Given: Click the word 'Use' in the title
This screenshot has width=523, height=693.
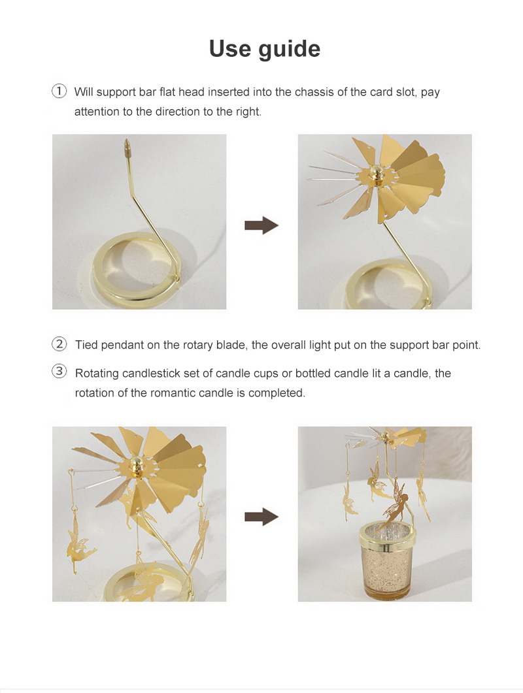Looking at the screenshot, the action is (x=229, y=48).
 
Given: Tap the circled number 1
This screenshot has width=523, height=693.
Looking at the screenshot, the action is (x=59, y=91).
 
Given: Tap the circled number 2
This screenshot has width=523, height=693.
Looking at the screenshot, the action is (x=59, y=344).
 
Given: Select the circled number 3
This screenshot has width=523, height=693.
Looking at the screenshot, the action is (x=59, y=371).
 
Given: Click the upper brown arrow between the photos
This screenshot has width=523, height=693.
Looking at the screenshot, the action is (x=261, y=225).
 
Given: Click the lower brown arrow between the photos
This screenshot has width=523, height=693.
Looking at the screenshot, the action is (x=261, y=517).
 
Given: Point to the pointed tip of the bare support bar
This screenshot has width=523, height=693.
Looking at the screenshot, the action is (x=127, y=140).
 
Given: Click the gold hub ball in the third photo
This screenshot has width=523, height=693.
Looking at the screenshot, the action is (x=136, y=466).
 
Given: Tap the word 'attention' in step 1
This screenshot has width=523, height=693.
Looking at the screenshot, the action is (x=97, y=112).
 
